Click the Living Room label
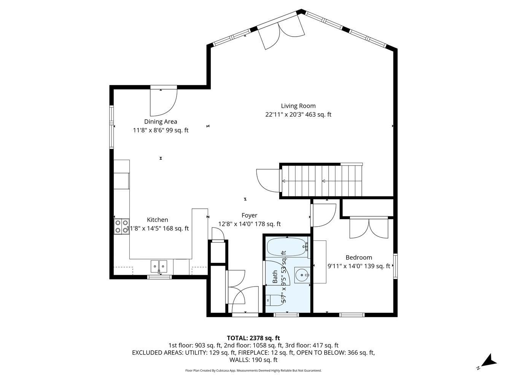pos(298,106)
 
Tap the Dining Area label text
pos(161,122)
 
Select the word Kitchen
pos(157,220)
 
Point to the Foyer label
pos(249,215)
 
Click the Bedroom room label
pos(359,258)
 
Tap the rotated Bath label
pos(275,277)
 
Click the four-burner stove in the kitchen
pos(121,226)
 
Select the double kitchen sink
pos(159,266)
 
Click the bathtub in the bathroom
pos(287,247)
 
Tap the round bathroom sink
pos(302,275)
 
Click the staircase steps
pos(322,181)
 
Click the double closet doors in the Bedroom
pos(369,228)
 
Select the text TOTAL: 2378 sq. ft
pos(253,338)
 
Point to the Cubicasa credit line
pos(253,371)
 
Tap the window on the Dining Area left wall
pos(111,127)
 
